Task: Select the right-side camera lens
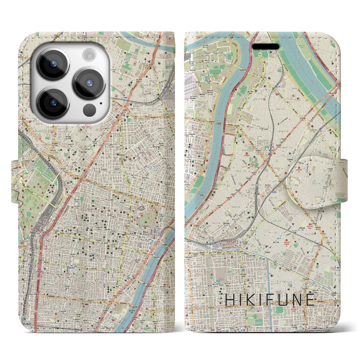89,83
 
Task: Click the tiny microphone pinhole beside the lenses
101,103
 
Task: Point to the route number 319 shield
191,296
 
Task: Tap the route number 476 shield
337,257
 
